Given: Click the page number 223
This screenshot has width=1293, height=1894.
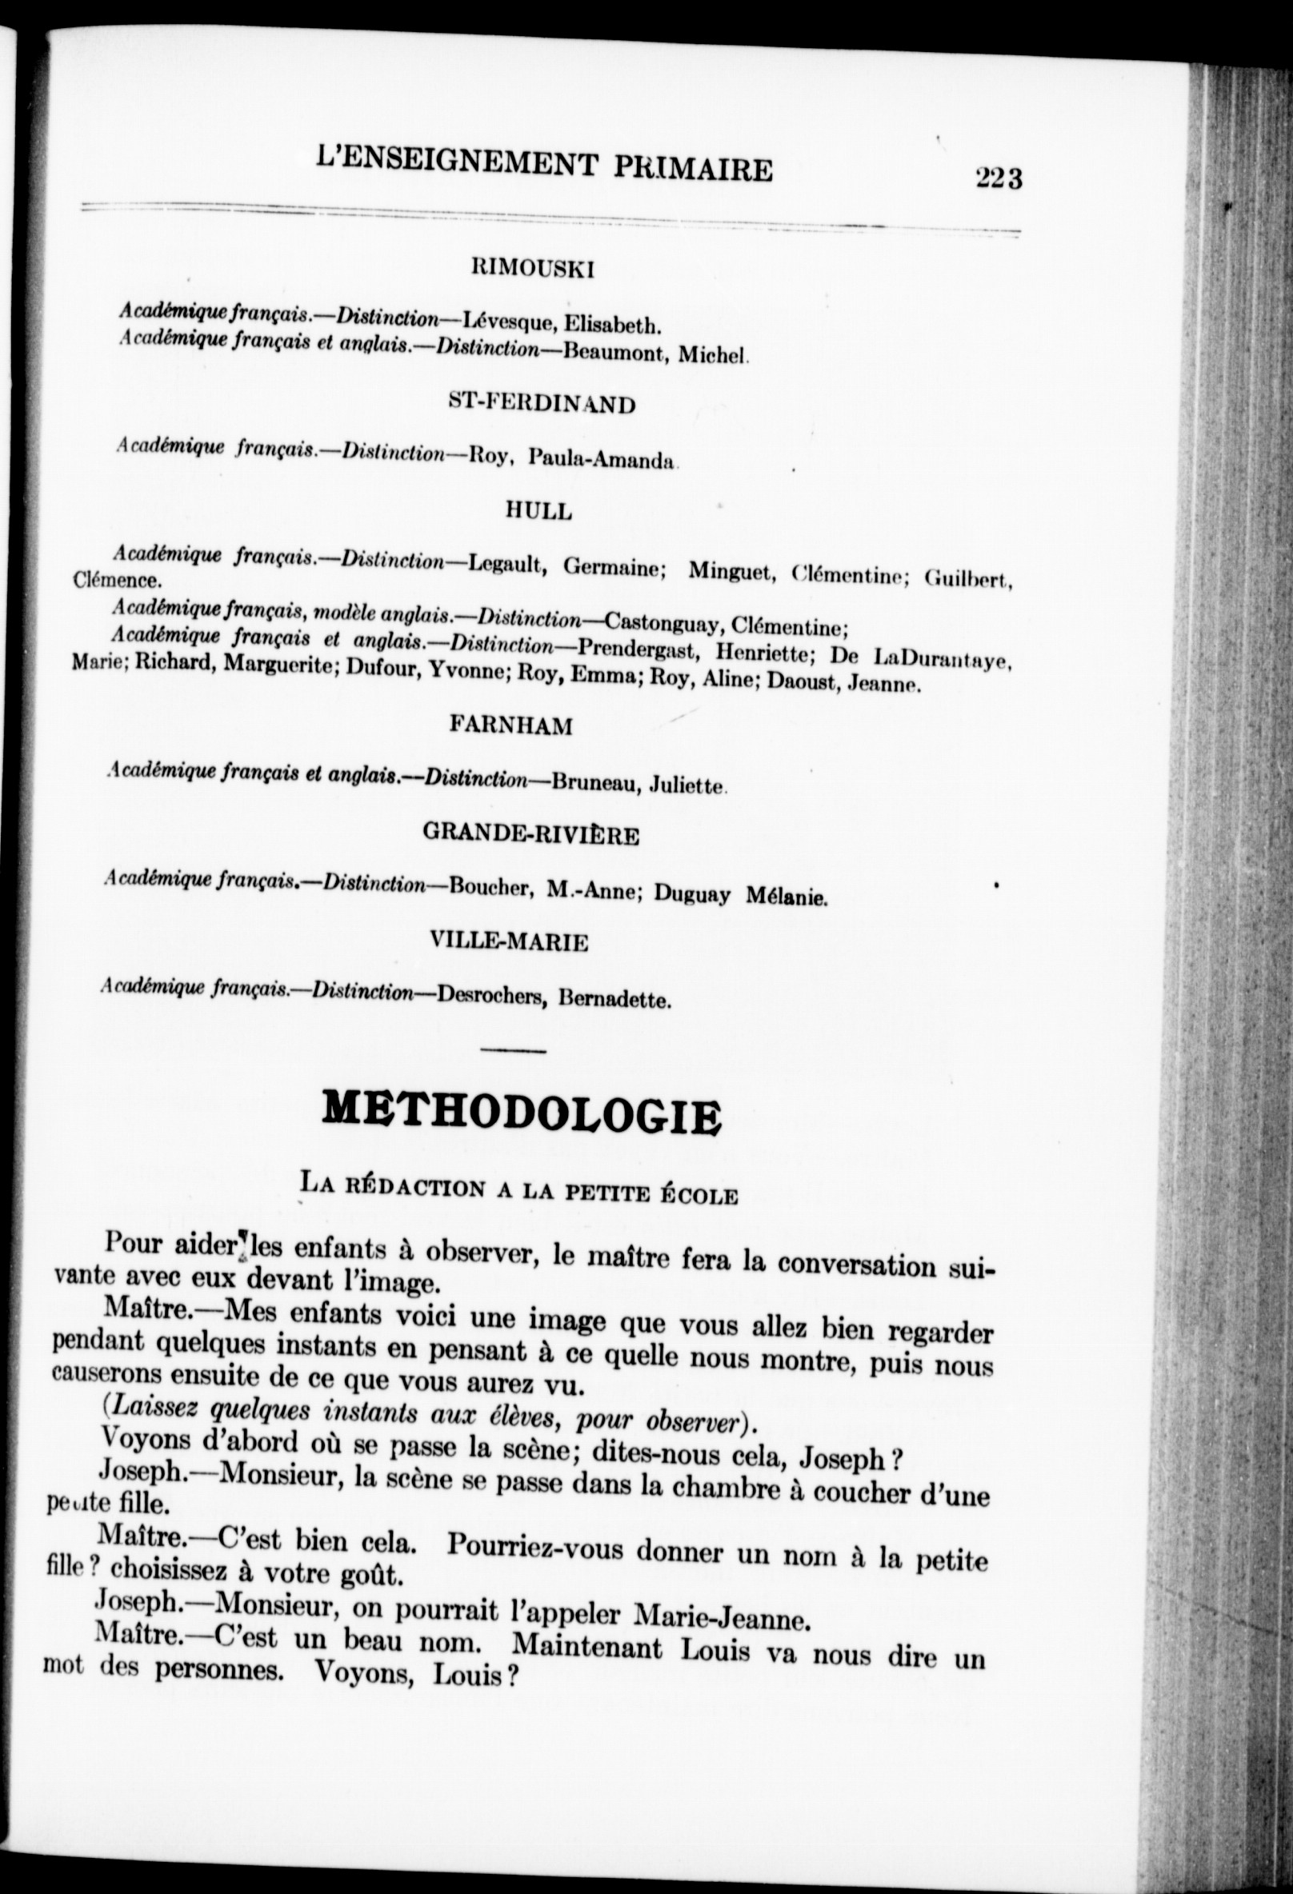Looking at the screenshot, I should [x=998, y=177].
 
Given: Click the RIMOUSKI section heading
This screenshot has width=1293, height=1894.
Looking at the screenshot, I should [x=533, y=270].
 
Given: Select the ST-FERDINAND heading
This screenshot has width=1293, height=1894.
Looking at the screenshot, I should [x=542, y=403].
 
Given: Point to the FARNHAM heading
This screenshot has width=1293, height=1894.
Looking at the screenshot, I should [x=511, y=726].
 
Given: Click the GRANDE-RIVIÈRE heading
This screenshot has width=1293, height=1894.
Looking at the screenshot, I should [x=530, y=835].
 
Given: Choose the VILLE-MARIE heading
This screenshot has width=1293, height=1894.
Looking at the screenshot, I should [x=510, y=943].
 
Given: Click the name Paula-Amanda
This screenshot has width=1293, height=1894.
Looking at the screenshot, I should [x=602, y=460].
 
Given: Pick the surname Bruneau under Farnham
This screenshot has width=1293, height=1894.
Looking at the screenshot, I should [x=586, y=783].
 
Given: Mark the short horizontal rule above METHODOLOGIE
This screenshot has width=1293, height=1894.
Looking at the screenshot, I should [x=514, y=1050].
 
